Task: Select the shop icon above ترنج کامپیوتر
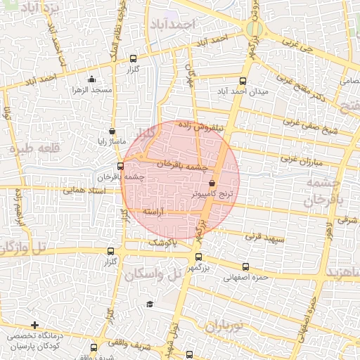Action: pyautogui.click(x=212, y=184)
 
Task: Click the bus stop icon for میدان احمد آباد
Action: pyautogui.click(x=243, y=81)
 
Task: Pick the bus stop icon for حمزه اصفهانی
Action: pyautogui.click(x=245, y=266)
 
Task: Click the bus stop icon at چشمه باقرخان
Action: pyautogui.click(x=120, y=167)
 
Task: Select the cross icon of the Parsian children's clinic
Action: pyautogui.click(x=34, y=325)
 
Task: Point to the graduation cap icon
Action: pyautogui.click(x=149, y=304)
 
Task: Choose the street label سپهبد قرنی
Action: pyautogui.click(x=265, y=238)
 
